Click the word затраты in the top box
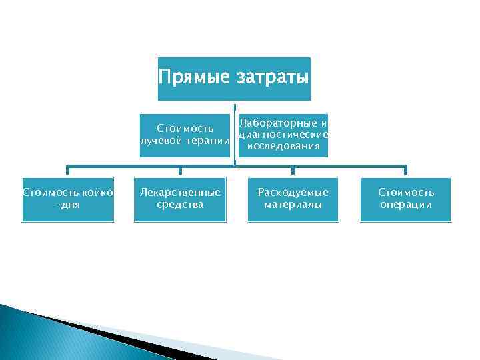[273, 78]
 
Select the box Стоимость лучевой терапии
[185, 135]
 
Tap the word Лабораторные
[279, 124]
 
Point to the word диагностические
[283, 135]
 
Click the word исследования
[283, 146]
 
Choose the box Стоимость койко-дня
[68, 199]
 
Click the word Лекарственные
[180, 193]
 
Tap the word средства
[180, 205]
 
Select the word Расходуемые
[293, 193]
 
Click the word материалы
[293, 205]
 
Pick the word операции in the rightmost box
[405, 205]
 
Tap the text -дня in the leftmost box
[67, 205]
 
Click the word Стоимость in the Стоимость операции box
[405, 193]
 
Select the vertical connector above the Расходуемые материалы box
[293, 171]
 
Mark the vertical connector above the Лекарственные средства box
[180, 171]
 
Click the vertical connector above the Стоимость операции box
[405, 171]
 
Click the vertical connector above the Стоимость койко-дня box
[67, 171]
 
